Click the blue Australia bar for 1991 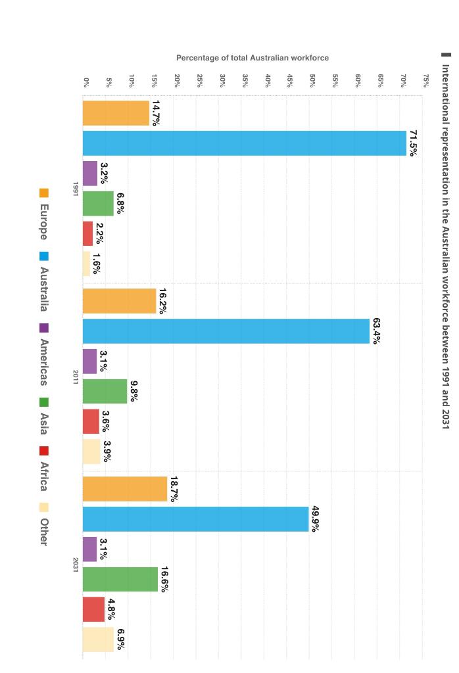(x=245, y=143)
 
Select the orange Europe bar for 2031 (x=125, y=489)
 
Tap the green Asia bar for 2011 (x=105, y=392)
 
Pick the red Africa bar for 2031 (x=93, y=609)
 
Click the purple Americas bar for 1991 (x=90, y=174)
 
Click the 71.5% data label (x=413, y=143)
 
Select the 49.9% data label (x=315, y=519)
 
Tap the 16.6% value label (x=164, y=579)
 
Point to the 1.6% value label (x=96, y=264)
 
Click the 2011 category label (x=76, y=377)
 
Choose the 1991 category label (x=76, y=189)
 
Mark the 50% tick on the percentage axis (x=313, y=81)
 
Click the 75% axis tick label (x=426, y=81)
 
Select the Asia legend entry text (x=43, y=423)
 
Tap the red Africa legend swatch (x=44, y=451)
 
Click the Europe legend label (x=43, y=222)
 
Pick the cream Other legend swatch (x=44, y=507)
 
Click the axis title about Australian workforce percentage (x=253, y=58)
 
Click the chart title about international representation (x=445, y=246)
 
